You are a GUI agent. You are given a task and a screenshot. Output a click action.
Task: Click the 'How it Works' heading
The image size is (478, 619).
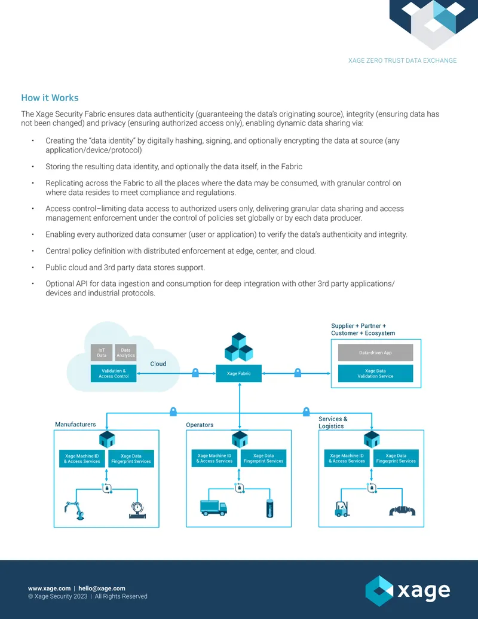(x=50, y=97)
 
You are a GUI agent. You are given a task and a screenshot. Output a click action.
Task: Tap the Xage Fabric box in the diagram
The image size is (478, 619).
(x=238, y=373)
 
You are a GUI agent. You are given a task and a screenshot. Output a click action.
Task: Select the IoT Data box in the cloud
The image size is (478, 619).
(x=102, y=352)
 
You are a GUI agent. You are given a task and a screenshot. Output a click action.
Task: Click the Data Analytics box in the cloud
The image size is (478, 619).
(x=126, y=352)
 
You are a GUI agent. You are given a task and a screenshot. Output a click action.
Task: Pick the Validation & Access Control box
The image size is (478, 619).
(x=114, y=373)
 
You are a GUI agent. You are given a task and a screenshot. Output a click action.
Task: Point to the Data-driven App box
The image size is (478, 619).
(x=375, y=352)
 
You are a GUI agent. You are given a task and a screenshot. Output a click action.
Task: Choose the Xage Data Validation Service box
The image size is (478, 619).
(x=375, y=373)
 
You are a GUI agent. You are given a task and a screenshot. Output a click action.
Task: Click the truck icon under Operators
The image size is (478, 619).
(x=213, y=508)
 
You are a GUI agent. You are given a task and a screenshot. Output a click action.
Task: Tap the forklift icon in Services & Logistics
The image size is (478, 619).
(x=342, y=509)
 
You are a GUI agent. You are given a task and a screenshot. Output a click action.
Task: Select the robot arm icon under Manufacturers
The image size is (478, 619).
(x=75, y=510)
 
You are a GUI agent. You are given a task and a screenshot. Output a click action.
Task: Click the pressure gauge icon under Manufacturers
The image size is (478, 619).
(x=137, y=510)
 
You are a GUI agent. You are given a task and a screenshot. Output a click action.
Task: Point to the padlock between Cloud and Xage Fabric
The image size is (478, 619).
(x=195, y=372)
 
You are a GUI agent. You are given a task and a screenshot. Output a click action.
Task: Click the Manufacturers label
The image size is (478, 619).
(x=75, y=425)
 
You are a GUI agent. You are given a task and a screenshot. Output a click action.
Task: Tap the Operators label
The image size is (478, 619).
(x=200, y=425)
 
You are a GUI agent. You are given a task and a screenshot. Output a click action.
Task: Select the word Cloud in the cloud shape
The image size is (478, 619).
(x=158, y=364)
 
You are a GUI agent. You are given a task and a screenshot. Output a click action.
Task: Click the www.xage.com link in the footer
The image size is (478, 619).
(x=50, y=588)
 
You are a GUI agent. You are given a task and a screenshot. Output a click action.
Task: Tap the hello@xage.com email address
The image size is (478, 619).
(x=102, y=588)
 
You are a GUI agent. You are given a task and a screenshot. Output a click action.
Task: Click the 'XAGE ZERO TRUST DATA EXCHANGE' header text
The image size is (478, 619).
(x=402, y=60)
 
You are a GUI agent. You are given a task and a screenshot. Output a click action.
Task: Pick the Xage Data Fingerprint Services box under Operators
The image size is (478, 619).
(x=263, y=458)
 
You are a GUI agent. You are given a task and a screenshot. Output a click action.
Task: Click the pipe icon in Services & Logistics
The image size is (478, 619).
(x=402, y=511)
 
